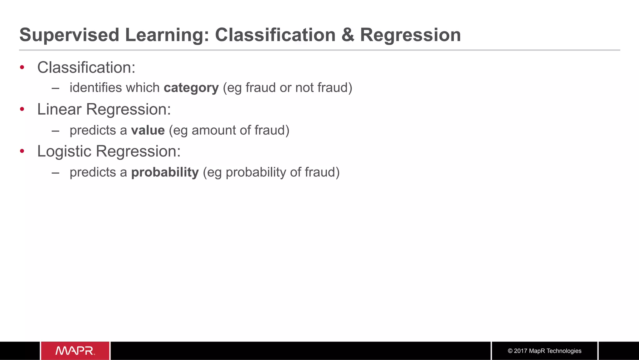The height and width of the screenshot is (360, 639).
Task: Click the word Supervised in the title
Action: tap(69, 35)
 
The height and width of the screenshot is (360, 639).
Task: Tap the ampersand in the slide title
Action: tap(348, 35)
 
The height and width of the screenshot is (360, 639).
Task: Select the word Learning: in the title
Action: tap(167, 35)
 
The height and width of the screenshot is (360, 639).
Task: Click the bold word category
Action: tap(191, 88)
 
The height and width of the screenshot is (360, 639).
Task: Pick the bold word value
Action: tap(148, 130)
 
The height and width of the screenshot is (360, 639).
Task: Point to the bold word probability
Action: tap(165, 172)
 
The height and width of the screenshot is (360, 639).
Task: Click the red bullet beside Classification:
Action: tap(22, 67)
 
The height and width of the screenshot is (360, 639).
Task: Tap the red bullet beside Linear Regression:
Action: tap(22, 109)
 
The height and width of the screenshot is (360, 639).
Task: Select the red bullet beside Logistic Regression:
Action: tap(22, 151)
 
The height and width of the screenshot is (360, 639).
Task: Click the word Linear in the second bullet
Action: tap(59, 110)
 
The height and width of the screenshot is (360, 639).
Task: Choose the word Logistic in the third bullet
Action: tap(64, 152)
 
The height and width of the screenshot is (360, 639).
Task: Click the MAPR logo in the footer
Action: tap(75, 351)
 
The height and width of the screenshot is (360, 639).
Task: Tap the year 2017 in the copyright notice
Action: tap(520, 351)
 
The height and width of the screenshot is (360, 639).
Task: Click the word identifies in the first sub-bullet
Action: tap(95, 88)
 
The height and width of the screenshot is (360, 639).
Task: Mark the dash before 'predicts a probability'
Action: tap(56, 173)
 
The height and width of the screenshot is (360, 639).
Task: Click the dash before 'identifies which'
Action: tap(56, 88)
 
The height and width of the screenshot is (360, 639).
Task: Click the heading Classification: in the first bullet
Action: tap(86, 67)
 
